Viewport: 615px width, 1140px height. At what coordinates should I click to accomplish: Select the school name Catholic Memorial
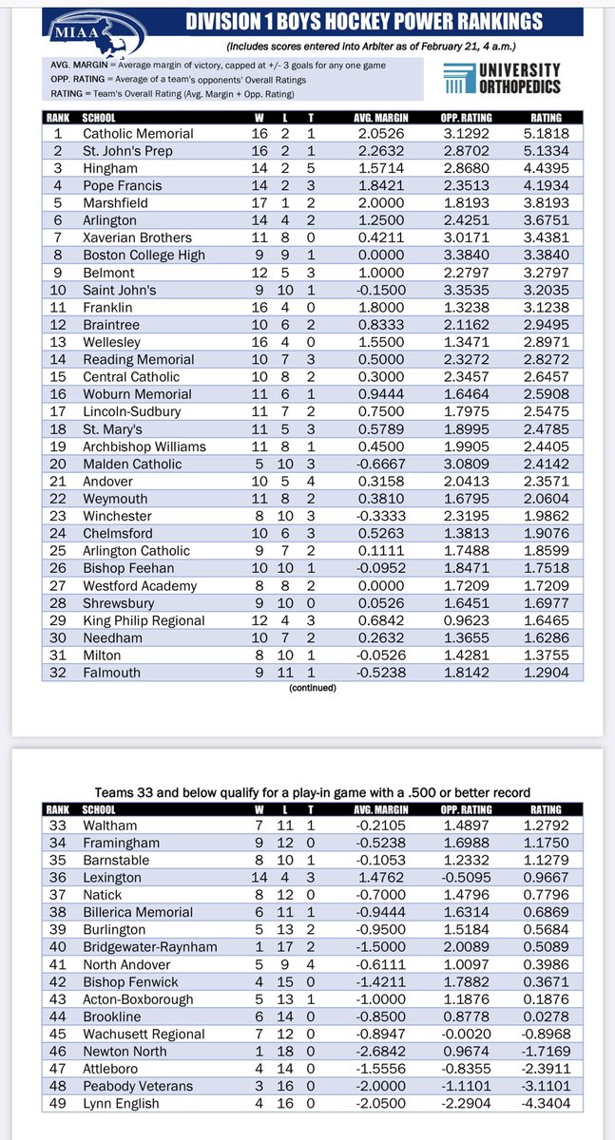point(138,134)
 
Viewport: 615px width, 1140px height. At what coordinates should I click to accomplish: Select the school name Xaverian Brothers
point(137,237)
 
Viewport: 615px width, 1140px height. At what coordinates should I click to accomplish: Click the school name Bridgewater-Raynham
point(149,948)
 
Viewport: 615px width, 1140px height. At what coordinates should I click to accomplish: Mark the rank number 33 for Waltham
point(57,826)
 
